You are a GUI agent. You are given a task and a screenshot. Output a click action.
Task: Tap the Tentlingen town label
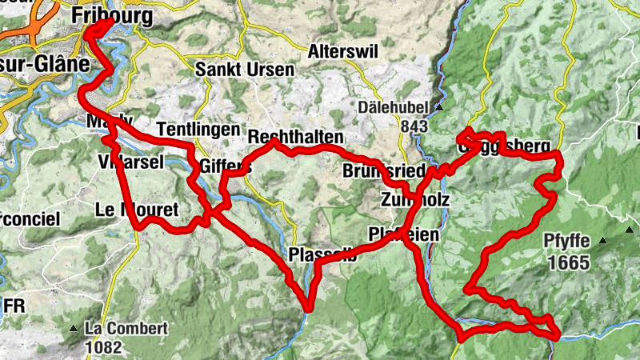198,129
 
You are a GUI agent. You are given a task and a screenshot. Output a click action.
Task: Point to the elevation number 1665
568,262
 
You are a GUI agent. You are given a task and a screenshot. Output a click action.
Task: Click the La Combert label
126,328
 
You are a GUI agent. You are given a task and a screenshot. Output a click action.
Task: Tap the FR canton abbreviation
14,306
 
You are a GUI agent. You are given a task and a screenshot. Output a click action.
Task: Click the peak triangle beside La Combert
74,329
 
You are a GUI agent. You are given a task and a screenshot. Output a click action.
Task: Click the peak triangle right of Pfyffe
604,241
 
